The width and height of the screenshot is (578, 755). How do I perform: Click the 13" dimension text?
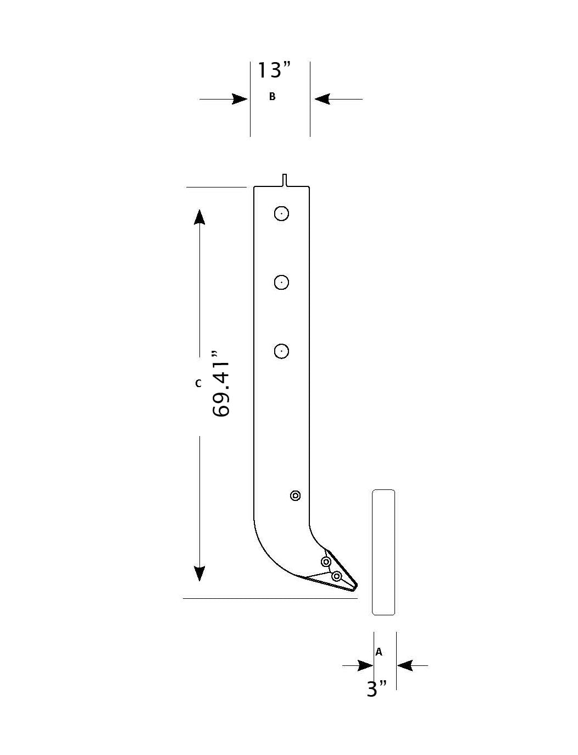tap(274, 70)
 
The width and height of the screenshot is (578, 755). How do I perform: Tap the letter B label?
tap(272, 97)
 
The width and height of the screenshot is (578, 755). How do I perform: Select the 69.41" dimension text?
tap(221, 383)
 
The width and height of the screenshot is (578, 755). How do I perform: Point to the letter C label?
tap(198, 383)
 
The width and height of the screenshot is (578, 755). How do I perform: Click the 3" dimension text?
tap(376, 688)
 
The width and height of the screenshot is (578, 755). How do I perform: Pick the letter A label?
tap(379, 652)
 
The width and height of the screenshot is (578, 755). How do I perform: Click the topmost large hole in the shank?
tap(281, 213)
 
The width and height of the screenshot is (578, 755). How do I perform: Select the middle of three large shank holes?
tap(281, 282)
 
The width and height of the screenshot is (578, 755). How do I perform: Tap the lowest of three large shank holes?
tap(281, 351)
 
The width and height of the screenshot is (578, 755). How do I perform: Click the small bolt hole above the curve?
tap(296, 496)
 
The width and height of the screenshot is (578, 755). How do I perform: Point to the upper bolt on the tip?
tap(326, 562)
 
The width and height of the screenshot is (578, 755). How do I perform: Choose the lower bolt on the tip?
tap(337, 576)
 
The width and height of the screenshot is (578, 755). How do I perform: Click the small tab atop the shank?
tap(285, 180)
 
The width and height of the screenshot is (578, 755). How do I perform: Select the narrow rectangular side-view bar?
tap(384, 552)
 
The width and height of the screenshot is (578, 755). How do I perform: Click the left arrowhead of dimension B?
tap(240, 99)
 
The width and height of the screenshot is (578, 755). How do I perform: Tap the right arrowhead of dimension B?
tap(321, 99)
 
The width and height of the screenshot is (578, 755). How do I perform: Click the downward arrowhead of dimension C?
tap(199, 573)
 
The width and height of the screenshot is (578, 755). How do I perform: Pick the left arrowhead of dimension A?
tap(365, 666)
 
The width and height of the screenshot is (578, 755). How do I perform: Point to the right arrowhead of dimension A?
tap(405, 666)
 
